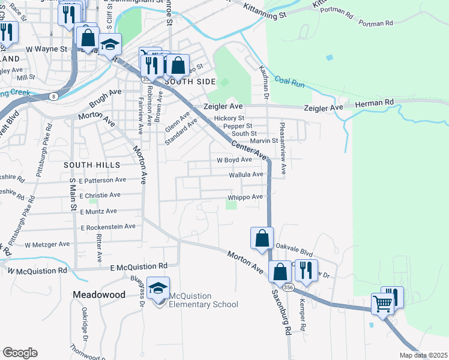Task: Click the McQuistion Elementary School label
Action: [x=203, y=300]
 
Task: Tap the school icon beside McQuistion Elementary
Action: [x=158, y=289]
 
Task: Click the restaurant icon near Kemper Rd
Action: [x=306, y=271]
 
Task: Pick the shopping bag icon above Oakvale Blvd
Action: [x=262, y=239]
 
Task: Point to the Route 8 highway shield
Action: [x=54, y=96]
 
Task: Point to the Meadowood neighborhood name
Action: [x=99, y=295]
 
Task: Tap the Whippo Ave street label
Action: [x=246, y=197]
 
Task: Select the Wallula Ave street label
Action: [x=246, y=175]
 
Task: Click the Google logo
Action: [x=20, y=353]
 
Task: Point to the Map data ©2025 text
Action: [x=423, y=355]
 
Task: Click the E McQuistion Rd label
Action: [x=138, y=266]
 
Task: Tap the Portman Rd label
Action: [x=376, y=23]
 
